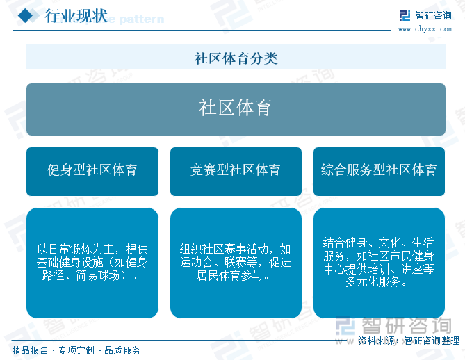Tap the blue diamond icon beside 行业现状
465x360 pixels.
pyautogui.click(x=26, y=17)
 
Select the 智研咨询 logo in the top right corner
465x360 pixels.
pyautogui.click(x=425, y=16)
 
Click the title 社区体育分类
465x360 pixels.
pyautogui.click(x=236, y=58)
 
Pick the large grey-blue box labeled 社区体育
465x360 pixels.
pyautogui.click(x=236, y=108)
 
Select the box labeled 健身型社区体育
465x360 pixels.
pyautogui.click(x=92, y=170)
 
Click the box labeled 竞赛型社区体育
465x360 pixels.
pyautogui.click(x=236, y=170)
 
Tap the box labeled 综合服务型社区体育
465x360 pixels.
pyautogui.click(x=379, y=170)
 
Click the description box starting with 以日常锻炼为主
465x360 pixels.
pyautogui.click(x=92, y=262)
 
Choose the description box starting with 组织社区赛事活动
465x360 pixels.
pyautogui.click(x=236, y=262)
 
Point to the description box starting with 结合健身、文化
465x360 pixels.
pyautogui.click(x=379, y=262)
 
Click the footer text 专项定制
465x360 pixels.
pyautogui.click(x=76, y=350)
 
